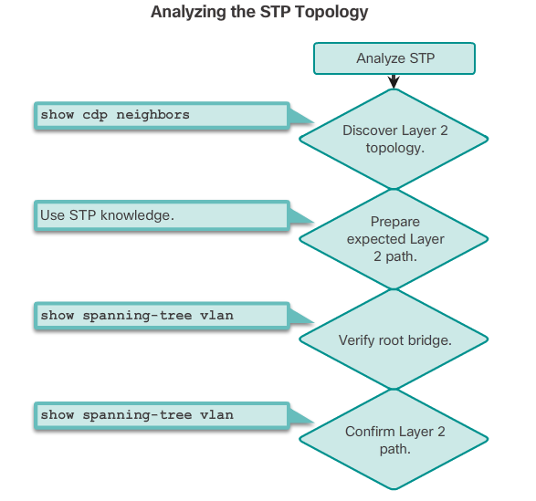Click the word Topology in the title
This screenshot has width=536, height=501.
331,13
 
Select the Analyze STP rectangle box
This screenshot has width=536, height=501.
394,58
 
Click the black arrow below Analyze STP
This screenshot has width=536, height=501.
394,81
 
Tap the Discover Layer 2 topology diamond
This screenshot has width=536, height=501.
394,139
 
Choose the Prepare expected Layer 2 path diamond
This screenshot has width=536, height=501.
394,239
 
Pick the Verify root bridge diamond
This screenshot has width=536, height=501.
394,339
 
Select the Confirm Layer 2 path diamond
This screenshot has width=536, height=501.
394,440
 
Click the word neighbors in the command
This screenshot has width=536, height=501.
152,115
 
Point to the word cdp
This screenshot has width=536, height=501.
95,116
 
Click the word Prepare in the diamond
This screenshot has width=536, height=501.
395,223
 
